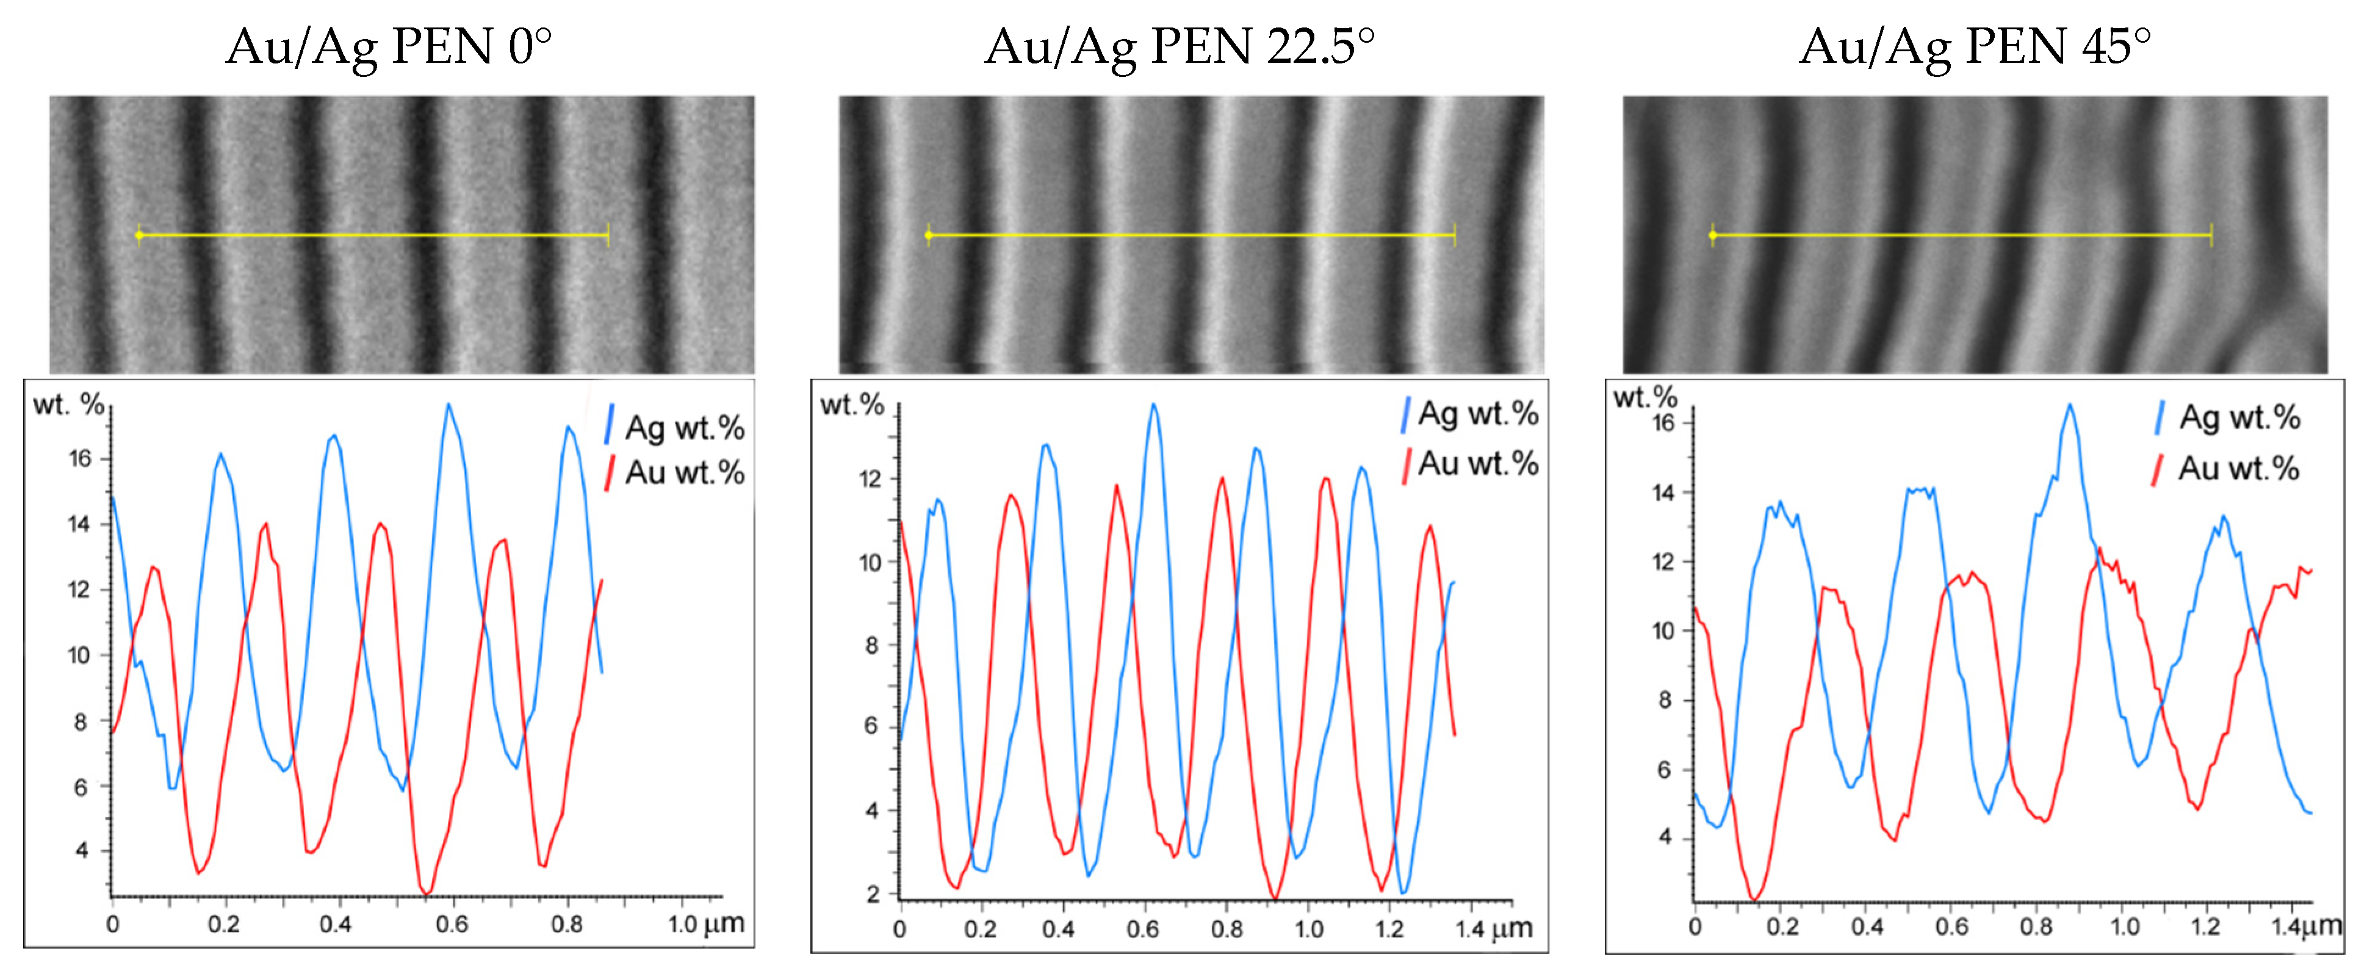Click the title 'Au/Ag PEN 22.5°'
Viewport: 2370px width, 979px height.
(1180, 46)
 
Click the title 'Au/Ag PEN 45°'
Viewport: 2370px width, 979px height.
(1975, 46)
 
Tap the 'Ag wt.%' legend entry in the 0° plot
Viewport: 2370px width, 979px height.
(683, 428)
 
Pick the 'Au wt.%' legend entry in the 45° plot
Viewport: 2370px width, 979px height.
(2238, 468)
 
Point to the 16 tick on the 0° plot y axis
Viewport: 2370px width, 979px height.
(81, 458)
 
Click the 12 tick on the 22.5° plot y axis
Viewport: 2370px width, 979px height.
(870, 479)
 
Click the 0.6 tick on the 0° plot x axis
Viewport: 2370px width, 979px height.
(452, 924)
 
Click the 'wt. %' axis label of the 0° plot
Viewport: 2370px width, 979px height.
(68, 405)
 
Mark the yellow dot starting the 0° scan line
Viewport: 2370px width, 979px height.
(139, 236)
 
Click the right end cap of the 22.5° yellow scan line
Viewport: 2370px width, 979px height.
(1453, 236)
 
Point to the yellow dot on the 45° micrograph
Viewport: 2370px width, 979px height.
(1712, 236)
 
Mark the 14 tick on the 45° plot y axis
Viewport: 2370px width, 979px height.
(1663, 493)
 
